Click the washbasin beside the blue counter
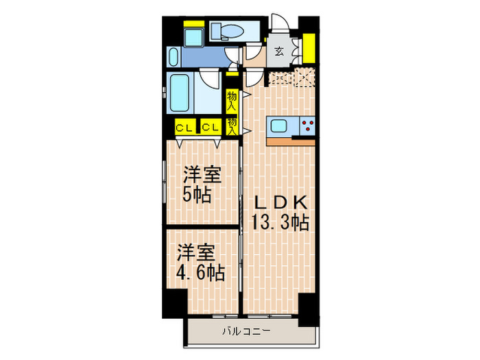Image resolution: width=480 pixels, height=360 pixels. (172, 56)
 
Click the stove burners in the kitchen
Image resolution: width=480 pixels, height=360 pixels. (307, 126)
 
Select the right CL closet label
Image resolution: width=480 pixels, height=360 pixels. (210, 128)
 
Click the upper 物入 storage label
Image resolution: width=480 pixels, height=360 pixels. (232, 101)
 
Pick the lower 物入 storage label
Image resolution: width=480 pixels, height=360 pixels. (232, 125)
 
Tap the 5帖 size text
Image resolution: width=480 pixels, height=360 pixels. (197, 194)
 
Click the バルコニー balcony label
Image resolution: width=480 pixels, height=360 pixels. (246, 332)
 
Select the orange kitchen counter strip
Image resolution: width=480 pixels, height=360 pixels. (291, 142)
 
